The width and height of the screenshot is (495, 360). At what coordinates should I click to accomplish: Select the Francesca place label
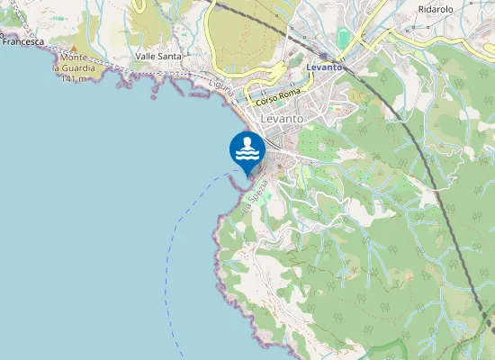coord(24,41)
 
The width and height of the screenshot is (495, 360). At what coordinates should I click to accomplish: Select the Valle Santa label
coord(157,56)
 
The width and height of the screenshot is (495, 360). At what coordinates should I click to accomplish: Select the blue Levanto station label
coord(324,67)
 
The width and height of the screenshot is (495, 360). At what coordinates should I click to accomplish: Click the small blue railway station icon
coord(322,56)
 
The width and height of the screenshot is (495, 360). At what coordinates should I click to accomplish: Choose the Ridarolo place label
coord(436,9)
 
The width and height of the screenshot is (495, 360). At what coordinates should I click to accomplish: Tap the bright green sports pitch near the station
coord(343,39)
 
